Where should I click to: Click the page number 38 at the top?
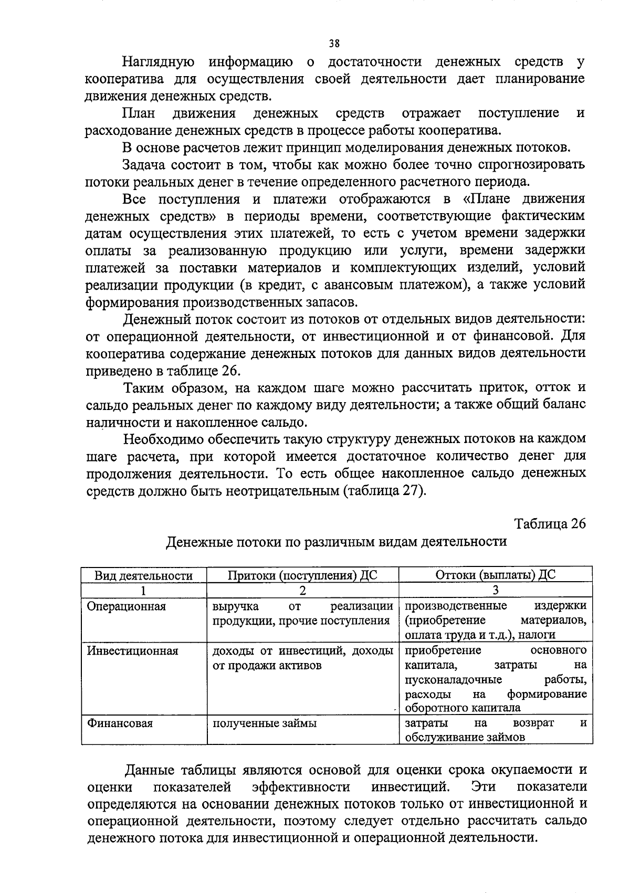tap(334, 44)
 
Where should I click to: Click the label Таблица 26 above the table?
tap(549, 524)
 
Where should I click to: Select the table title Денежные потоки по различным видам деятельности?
tap(336, 541)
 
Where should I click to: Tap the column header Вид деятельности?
tap(143, 575)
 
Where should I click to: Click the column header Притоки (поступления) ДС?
tap(302, 575)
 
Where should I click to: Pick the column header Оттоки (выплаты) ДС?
tap(495, 575)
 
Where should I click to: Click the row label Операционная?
tap(126, 606)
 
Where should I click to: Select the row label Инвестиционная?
tap(132, 651)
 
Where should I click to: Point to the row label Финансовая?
tap(120, 723)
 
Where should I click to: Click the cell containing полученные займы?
tap(264, 723)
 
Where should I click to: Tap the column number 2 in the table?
tap(302, 590)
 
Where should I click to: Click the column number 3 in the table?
tap(495, 590)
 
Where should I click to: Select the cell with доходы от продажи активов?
tap(302, 658)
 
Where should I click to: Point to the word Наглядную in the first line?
tap(159, 62)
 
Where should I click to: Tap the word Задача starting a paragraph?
tap(144, 165)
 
